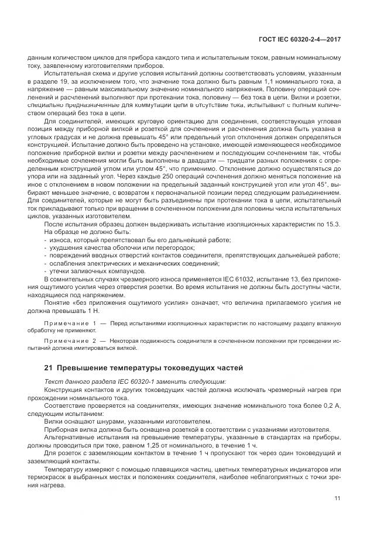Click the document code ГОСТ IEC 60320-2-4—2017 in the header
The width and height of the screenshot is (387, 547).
click(300, 39)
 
